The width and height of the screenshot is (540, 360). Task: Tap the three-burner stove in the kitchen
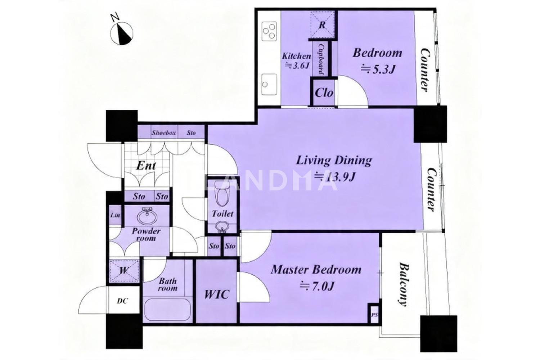pyautogui.click(x=270, y=31)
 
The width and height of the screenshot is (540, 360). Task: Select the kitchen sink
pyautogui.click(x=269, y=84)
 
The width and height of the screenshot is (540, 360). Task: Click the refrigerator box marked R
pyautogui.click(x=322, y=24)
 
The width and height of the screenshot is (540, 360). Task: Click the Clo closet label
pyautogui.click(x=324, y=93)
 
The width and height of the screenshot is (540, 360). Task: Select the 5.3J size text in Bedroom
pyautogui.click(x=378, y=69)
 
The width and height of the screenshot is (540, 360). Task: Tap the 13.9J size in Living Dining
pyautogui.click(x=335, y=177)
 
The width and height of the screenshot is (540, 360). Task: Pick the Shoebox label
pyautogui.click(x=164, y=132)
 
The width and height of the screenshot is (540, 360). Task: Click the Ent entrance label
pyautogui.click(x=146, y=166)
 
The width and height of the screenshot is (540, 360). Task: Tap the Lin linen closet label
pyautogui.click(x=115, y=215)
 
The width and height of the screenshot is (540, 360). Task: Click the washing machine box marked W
pyautogui.click(x=124, y=271)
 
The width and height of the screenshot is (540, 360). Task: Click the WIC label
pyautogui.click(x=216, y=294)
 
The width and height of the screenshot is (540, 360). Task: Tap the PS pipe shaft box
pyautogui.click(x=374, y=315)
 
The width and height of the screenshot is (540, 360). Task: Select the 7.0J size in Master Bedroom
pyautogui.click(x=317, y=287)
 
